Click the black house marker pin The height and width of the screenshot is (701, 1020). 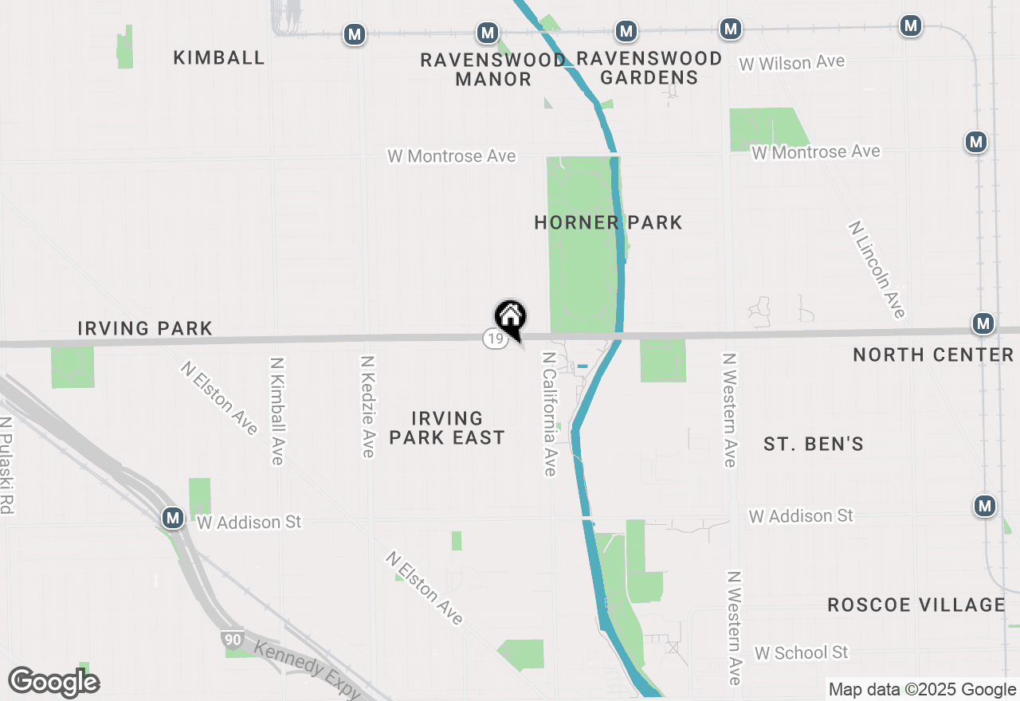tap(511, 318)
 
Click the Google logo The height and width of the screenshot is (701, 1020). tap(54, 682)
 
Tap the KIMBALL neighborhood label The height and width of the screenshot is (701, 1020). tap(219, 57)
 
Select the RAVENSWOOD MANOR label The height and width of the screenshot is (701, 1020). tap(493, 69)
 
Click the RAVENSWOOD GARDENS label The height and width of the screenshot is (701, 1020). tap(649, 68)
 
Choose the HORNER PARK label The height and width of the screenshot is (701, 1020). tap(608, 222)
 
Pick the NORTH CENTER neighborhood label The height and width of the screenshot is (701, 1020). tap(933, 354)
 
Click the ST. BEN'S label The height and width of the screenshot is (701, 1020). tap(814, 444)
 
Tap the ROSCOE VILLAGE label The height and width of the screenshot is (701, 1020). tap(916, 605)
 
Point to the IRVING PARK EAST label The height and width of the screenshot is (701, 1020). tap(447, 428)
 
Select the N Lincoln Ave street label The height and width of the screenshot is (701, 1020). tap(877, 269)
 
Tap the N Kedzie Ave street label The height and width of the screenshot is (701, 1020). tap(367, 406)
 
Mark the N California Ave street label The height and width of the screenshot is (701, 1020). tap(549, 414)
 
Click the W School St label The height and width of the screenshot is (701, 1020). tap(802, 652)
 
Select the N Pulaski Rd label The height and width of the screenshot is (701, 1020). tap(7, 465)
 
